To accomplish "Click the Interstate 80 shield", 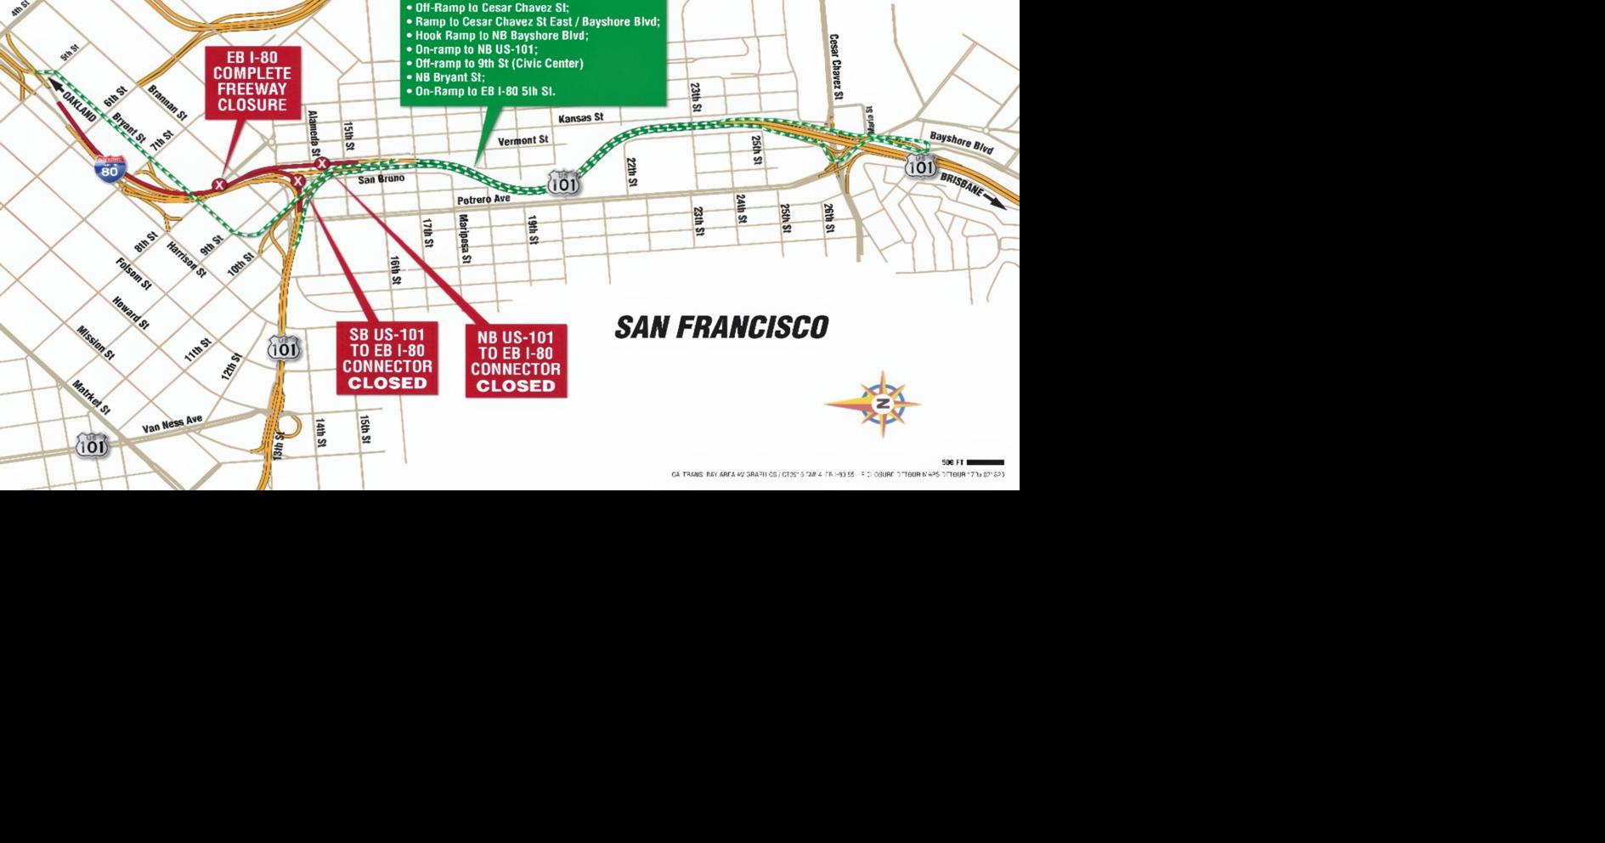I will pyautogui.click(x=110, y=170).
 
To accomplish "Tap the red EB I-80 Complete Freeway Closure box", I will pyautogui.click(x=252, y=82).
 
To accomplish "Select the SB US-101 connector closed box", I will pyautogui.click(x=387, y=358).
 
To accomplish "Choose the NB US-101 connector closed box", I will pyautogui.click(x=516, y=361).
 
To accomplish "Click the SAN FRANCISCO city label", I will pyautogui.click(x=721, y=327).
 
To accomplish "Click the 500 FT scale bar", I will pyautogui.click(x=985, y=462).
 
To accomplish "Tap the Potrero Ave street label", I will pyautogui.click(x=483, y=200).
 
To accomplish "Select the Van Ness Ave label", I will pyautogui.click(x=172, y=424).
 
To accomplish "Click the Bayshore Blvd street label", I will pyautogui.click(x=961, y=142).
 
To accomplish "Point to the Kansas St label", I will pyautogui.click(x=580, y=118).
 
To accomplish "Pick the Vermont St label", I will pyautogui.click(x=523, y=140).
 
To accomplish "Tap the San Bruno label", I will pyautogui.click(x=381, y=179).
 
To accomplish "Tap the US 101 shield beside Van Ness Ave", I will pyautogui.click(x=92, y=445).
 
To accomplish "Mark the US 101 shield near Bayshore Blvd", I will pyautogui.click(x=920, y=166).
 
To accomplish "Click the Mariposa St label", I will pyautogui.click(x=465, y=238).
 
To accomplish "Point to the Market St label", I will pyautogui.click(x=91, y=397).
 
